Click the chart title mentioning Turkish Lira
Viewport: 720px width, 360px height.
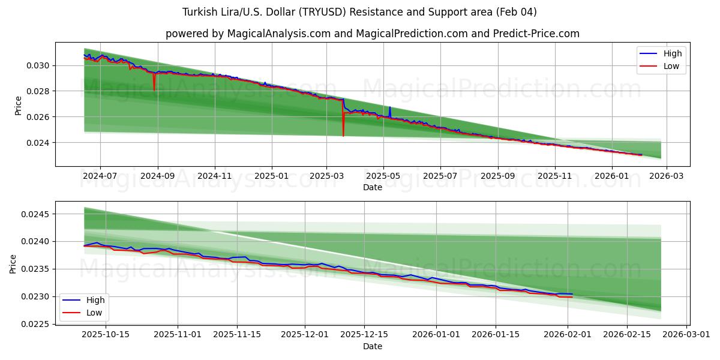point(359,12)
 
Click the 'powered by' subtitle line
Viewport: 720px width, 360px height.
point(372,34)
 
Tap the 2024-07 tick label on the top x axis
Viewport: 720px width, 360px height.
point(100,176)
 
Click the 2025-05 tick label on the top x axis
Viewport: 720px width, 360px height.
point(383,176)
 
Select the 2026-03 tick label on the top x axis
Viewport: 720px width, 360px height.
point(667,176)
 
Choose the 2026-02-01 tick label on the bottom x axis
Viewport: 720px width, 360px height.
point(568,335)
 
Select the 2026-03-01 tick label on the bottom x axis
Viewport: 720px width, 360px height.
point(686,335)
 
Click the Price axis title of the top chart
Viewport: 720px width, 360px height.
point(18,106)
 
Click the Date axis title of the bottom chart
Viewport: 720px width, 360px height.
point(372,346)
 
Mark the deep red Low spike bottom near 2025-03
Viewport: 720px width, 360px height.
point(343,136)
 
